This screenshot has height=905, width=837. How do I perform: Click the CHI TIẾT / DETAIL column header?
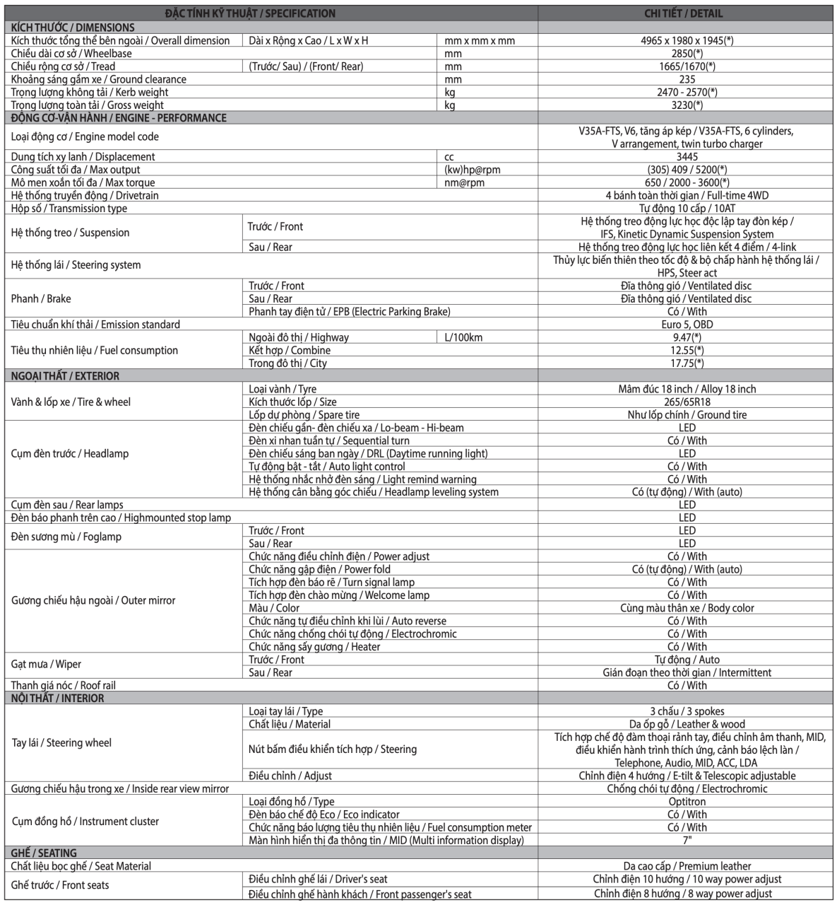click(683, 13)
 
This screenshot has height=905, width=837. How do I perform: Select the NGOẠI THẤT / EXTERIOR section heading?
click(65, 376)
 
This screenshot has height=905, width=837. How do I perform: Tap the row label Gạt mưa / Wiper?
click(46, 665)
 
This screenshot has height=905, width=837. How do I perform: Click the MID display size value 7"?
click(687, 840)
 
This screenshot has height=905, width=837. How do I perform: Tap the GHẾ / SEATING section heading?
click(44, 853)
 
